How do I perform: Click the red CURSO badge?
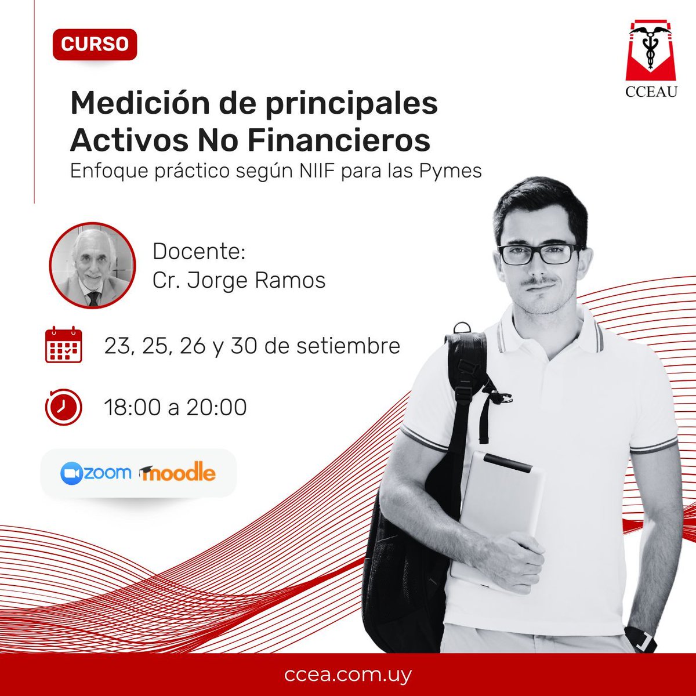[x=95, y=44]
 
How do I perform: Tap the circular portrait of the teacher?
[x=92, y=265]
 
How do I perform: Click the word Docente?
[x=199, y=252]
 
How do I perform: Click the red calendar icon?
[x=64, y=345]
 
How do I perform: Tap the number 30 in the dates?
[x=244, y=346]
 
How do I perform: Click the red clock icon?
[x=63, y=407]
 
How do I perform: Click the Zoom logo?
[x=96, y=473]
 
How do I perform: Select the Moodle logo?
[x=177, y=473]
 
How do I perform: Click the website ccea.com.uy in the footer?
[x=348, y=675]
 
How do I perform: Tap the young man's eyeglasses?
[x=538, y=253]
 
